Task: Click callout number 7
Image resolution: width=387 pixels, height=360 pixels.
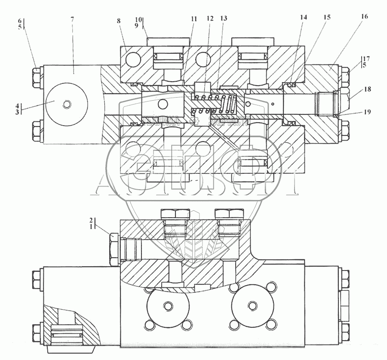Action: coord(72,20)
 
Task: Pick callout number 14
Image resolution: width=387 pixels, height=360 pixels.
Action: coord(304,18)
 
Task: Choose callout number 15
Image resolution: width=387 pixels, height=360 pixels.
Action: coord(327,18)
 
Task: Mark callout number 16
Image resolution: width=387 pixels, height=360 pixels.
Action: coord(364,17)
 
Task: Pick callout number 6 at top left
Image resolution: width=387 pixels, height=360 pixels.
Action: coord(19,20)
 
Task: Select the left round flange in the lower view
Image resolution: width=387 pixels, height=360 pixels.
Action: coord(168,306)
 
